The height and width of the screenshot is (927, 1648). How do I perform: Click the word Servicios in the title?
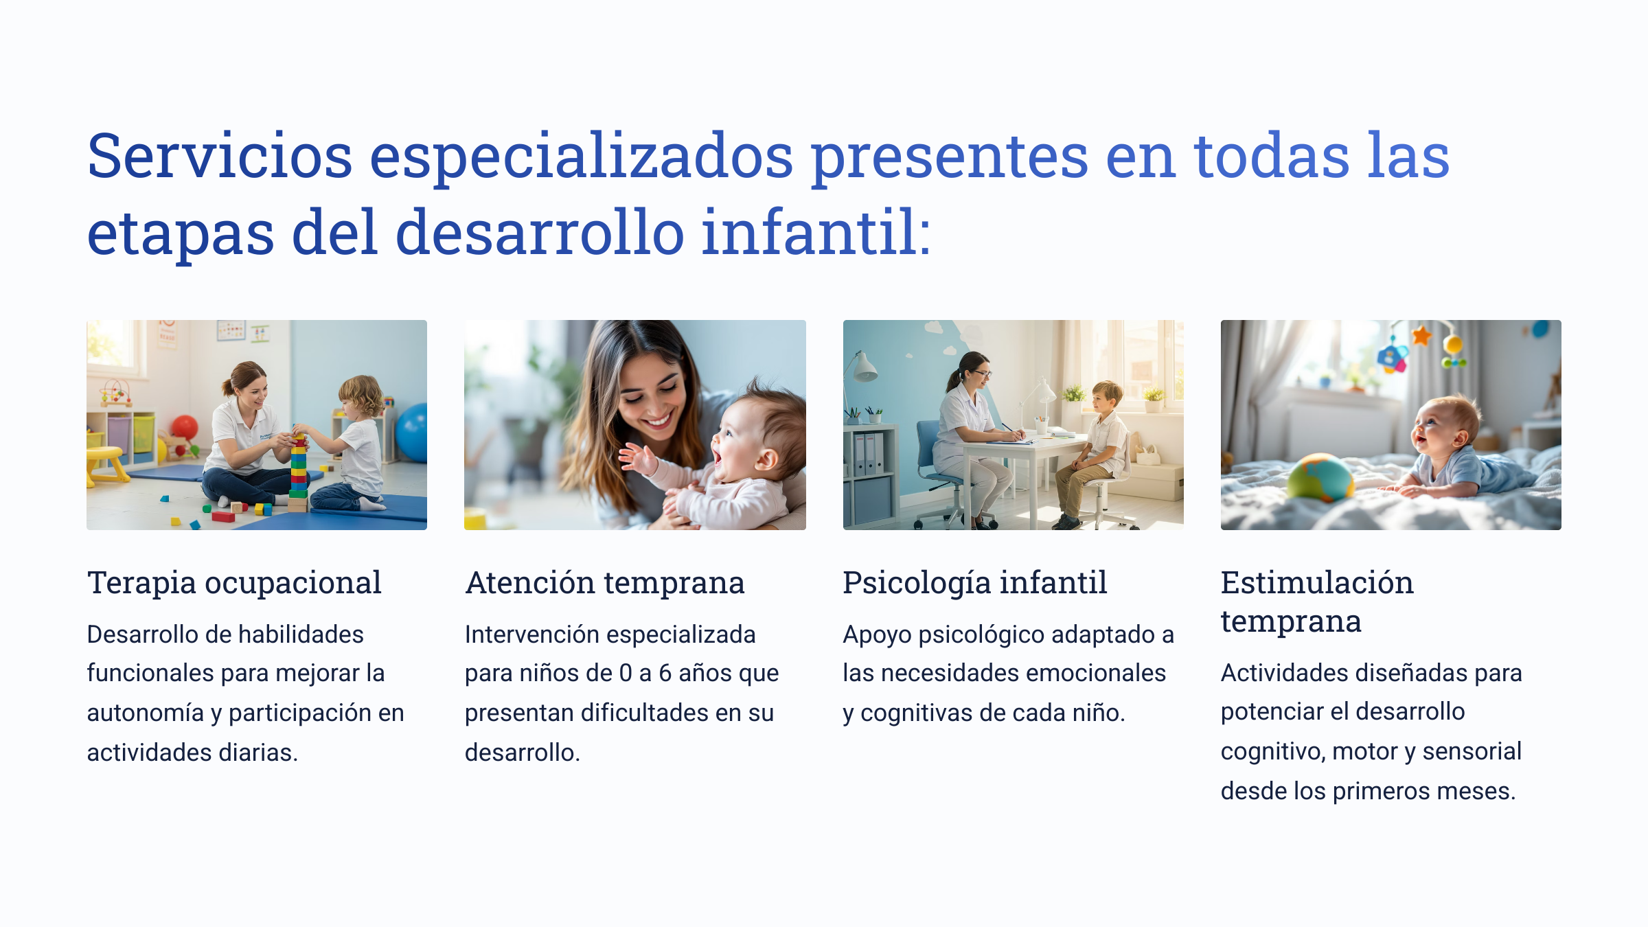pos(220,156)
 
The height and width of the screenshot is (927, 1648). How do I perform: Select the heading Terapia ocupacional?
pos(234,583)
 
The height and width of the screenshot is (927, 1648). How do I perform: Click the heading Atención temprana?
pos(604,583)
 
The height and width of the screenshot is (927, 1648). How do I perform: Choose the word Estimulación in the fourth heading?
pos(1317,583)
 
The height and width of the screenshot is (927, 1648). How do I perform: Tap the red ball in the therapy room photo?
pos(184,427)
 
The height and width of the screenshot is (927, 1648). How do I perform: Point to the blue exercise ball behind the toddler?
pos(413,433)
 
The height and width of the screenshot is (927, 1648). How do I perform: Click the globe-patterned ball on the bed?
pos(1320,477)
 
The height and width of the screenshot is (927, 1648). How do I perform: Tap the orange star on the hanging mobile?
pos(1421,336)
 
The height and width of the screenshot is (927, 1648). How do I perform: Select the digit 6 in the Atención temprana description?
pos(665,674)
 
